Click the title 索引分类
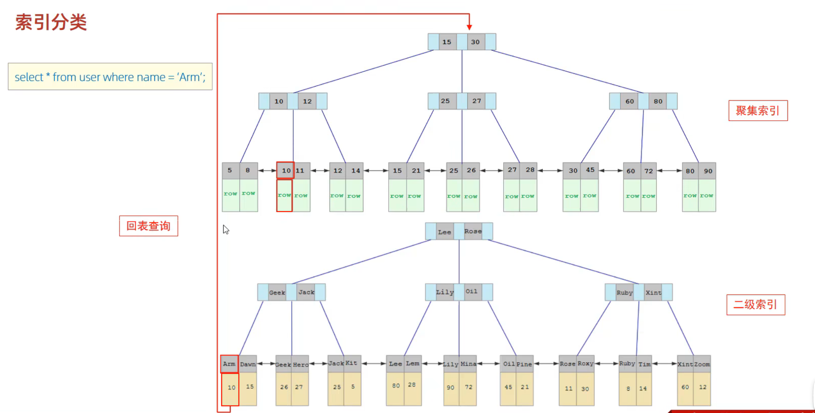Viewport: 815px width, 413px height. [x=51, y=22]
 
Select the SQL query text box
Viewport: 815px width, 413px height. [x=110, y=77]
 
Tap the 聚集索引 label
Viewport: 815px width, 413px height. [x=758, y=111]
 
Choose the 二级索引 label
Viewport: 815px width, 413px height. [x=755, y=304]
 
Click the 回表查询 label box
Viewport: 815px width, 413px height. [x=148, y=226]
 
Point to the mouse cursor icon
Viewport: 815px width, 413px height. [x=226, y=229]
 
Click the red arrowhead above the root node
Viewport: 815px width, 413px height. [x=469, y=27]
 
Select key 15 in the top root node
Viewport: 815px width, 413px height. [x=446, y=42]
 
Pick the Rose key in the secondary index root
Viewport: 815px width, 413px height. [x=473, y=231]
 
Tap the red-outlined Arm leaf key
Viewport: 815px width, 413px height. [x=229, y=364]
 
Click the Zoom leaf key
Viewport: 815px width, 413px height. [x=702, y=364]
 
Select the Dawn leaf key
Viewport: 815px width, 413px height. [x=248, y=364]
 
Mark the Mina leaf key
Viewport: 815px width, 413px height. [x=468, y=364]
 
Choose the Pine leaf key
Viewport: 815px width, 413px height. [x=524, y=364]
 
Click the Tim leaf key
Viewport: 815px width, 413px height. [x=644, y=364]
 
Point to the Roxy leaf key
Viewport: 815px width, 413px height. [x=585, y=364]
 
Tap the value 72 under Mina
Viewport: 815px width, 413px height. [x=468, y=387]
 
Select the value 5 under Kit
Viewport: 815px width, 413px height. [x=353, y=387]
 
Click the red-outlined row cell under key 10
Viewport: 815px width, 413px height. [x=284, y=195]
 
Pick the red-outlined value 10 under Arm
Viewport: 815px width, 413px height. [x=231, y=388]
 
